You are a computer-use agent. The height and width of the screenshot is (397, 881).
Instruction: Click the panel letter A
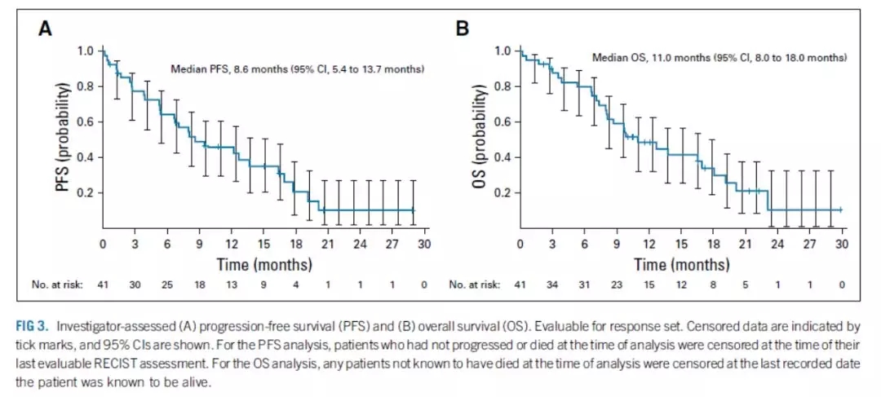pyautogui.click(x=47, y=29)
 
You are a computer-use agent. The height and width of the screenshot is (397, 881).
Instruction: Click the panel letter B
pyautogui.click(x=463, y=29)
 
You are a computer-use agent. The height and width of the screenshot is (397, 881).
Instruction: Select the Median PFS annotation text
pyautogui.click(x=297, y=69)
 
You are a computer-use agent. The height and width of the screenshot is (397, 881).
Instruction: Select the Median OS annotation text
pyautogui.click(x=719, y=58)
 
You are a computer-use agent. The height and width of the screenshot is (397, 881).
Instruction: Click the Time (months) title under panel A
pyautogui.click(x=263, y=264)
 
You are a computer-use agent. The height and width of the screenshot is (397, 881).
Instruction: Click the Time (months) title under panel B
pyautogui.click(x=681, y=264)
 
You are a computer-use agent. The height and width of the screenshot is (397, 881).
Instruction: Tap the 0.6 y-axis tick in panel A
pyautogui.click(x=85, y=121)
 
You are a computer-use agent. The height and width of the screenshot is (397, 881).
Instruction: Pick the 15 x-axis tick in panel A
pyautogui.click(x=263, y=245)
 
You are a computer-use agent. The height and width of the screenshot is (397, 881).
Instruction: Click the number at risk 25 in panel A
pyautogui.click(x=167, y=284)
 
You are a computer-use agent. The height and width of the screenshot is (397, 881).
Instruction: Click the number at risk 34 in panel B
pyautogui.click(x=552, y=284)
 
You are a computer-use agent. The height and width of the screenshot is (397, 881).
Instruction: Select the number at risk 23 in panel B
pyautogui.click(x=617, y=284)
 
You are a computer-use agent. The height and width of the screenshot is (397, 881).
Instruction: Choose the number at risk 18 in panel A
pyautogui.click(x=199, y=284)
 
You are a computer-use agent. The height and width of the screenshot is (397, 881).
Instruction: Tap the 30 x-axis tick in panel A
pyautogui.click(x=424, y=245)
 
